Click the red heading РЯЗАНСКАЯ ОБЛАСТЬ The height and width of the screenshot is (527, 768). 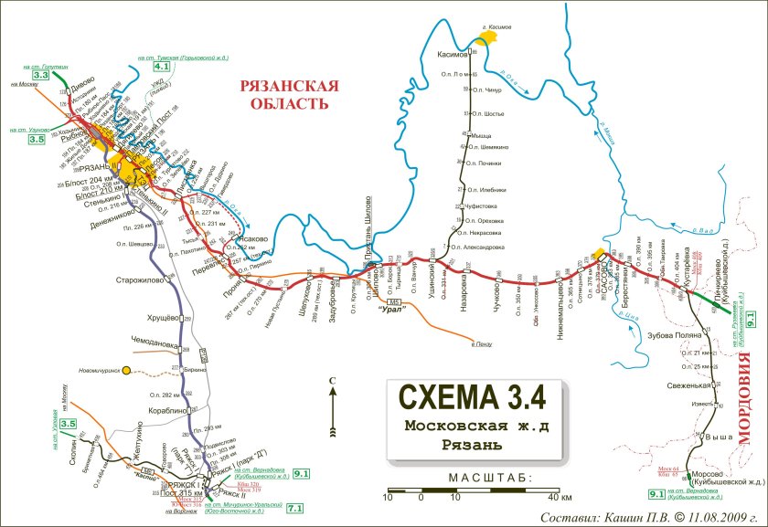tap(283, 94)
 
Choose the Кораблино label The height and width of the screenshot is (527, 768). tap(162, 412)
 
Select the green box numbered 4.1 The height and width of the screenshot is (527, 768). tap(162, 67)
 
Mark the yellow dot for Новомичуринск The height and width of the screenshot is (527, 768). tap(128, 370)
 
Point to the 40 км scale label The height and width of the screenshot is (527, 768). tap(559, 497)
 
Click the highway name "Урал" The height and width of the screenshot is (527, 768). tap(394, 311)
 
